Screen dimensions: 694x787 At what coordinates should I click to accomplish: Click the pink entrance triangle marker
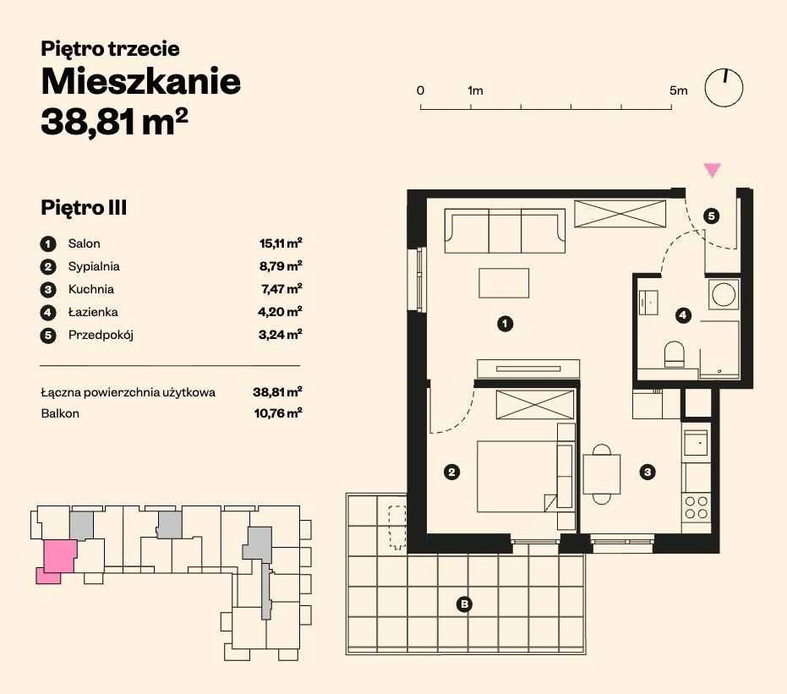(713, 170)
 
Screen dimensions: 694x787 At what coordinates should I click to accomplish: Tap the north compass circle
(724, 88)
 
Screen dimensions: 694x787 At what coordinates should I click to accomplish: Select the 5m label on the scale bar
(678, 90)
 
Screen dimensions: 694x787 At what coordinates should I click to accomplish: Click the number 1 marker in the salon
(505, 323)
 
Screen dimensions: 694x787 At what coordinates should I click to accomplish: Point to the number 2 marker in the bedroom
(452, 473)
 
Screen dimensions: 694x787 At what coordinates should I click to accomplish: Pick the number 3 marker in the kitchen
(648, 473)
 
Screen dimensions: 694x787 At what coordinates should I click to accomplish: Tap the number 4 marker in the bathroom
(683, 316)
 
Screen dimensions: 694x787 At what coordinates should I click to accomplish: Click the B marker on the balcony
(463, 604)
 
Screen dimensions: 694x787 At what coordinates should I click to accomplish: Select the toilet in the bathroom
(674, 354)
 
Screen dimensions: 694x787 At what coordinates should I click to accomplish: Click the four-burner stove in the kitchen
(697, 507)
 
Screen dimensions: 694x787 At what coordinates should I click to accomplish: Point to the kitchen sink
(697, 441)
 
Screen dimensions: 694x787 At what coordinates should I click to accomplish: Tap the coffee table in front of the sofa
(504, 282)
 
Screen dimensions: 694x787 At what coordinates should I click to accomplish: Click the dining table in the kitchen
(602, 473)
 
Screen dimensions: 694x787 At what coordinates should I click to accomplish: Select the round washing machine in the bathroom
(724, 294)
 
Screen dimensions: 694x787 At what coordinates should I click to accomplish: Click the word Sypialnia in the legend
(94, 266)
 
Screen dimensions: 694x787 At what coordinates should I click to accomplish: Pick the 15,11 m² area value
(281, 243)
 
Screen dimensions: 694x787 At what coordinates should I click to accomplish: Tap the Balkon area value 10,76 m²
(277, 413)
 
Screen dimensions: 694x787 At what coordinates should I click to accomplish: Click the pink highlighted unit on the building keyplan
(58, 557)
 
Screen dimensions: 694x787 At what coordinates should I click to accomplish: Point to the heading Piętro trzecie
(110, 49)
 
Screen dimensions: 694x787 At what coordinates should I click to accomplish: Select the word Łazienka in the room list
(93, 312)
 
